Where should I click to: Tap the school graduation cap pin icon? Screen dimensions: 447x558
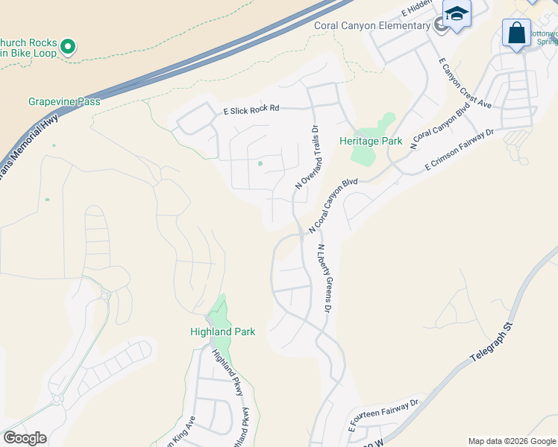point(456,14)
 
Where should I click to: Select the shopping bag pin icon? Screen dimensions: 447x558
point(516,34)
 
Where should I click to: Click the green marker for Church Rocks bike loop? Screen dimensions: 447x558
point(68,48)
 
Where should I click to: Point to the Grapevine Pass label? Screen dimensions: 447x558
point(64,101)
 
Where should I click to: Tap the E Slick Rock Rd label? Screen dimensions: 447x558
point(251,109)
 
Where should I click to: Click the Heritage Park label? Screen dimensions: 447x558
point(371,141)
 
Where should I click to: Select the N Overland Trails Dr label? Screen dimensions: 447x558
point(307,156)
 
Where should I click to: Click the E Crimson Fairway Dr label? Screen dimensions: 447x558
point(460,151)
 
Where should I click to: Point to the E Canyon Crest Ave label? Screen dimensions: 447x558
point(465,83)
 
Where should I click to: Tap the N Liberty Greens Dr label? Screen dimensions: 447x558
point(325,279)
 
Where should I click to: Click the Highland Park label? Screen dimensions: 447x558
point(223,332)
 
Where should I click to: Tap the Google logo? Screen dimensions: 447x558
point(25,438)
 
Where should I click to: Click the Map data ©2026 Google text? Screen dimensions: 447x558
point(512,441)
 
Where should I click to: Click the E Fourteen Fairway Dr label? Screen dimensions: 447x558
point(384,416)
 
